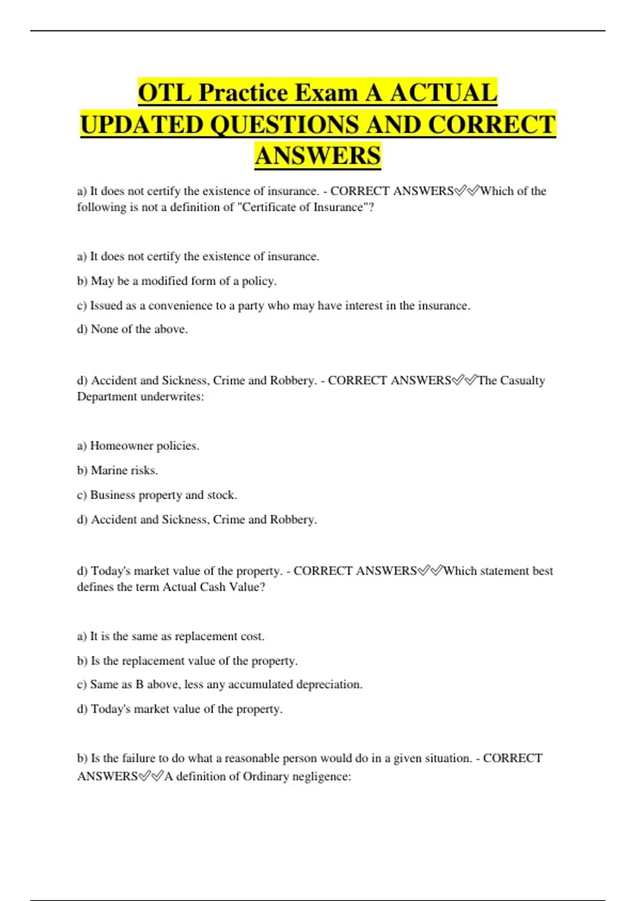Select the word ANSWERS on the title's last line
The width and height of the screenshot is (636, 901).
pos(317,156)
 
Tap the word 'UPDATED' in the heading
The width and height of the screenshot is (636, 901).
pos(142,125)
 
